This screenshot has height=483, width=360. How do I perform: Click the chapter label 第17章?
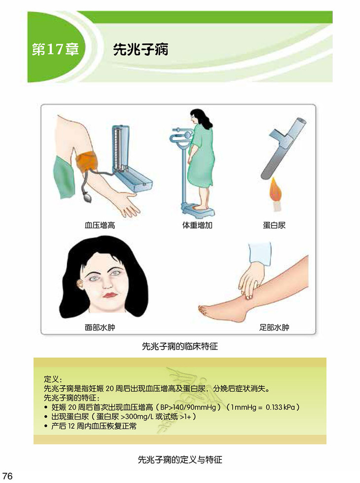tap(55, 49)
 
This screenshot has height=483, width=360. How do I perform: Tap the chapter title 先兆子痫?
tap(141, 49)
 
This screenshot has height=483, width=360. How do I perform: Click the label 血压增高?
tap(100, 225)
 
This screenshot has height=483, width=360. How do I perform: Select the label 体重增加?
tap(197, 225)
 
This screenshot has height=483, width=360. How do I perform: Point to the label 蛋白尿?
tap(274, 225)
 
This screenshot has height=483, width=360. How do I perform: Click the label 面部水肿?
tap(100, 327)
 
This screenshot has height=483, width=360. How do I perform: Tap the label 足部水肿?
tap(274, 327)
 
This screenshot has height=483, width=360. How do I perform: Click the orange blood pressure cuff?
tap(87, 161)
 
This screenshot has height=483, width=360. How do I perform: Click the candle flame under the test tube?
tap(276, 189)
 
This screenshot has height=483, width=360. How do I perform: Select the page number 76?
tap(7, 476)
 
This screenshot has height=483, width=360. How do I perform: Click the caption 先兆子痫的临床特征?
tap(180, 346)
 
